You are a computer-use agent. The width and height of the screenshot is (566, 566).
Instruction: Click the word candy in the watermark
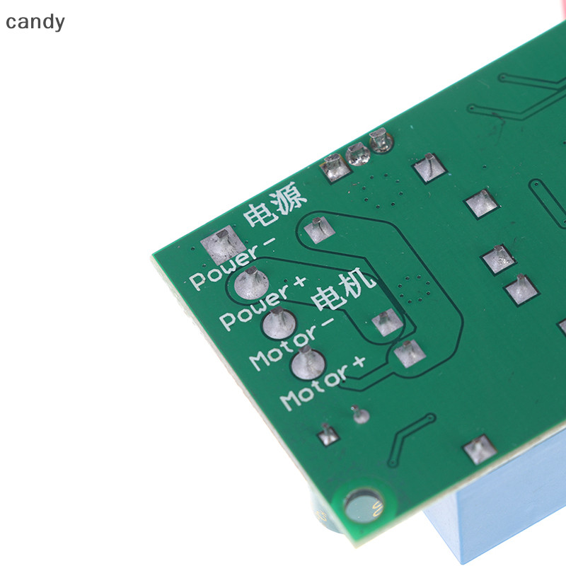coord(35,23)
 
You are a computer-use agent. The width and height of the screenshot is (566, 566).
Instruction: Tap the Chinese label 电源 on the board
coord(275,204)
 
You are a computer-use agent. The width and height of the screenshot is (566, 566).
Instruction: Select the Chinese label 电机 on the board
coord(343,289)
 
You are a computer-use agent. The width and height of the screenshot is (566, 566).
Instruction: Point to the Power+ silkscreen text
coord(263,304)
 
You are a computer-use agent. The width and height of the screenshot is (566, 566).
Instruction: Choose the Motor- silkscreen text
coord(291,344)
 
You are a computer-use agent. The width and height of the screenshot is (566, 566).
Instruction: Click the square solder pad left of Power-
coord(223,244)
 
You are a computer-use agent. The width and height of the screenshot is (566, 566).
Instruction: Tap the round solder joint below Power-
coord(251,284)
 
